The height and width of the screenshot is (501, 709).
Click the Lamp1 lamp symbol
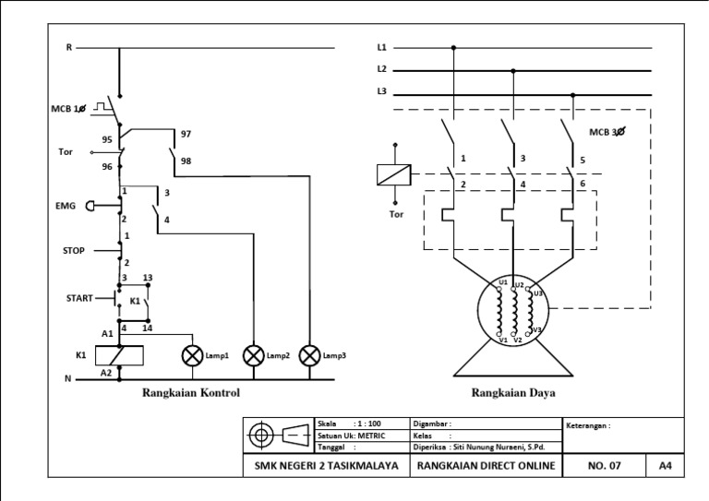point(193,354)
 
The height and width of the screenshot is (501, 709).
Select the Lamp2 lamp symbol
point(253,354)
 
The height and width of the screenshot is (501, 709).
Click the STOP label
point(74,249)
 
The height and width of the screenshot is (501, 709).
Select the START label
point(78,298)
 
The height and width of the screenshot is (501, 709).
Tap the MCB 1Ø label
point(68,109)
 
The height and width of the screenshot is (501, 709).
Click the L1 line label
point(381,47)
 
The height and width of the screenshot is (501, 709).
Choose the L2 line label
point(381,69)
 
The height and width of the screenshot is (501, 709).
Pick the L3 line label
point(381,91)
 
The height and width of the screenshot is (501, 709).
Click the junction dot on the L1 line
point(453,47)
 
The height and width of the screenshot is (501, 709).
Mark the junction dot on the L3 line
point(573,94)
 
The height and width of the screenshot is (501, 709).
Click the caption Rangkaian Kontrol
point(191,393)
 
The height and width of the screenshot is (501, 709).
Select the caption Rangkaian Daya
point(513,393)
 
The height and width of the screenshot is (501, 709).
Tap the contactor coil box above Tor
point(394,173)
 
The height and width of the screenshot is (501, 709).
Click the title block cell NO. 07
point(606,466)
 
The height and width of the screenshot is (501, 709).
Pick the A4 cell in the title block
point(665,466)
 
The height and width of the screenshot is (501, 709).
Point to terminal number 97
point(186,134)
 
